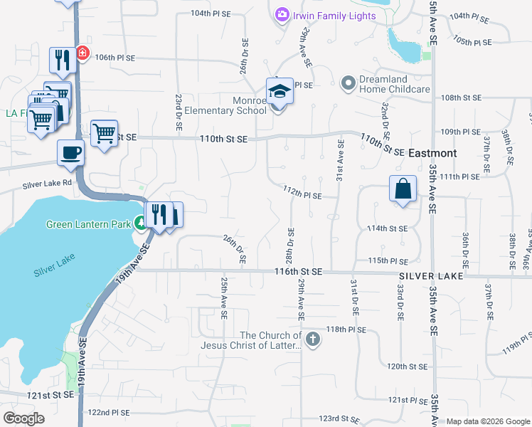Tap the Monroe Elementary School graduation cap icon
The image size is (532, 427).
pyautogui.click(x=280, y=93)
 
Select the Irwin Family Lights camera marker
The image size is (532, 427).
pyautogui.click(x=282, y=15)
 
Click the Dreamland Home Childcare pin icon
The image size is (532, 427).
pyautogui.click(x=348, y=84)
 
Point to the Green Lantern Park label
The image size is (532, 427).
pyautogui.click(x=89, y=224)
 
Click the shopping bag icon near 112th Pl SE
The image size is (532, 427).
pyautogui.click(x=403, y=189)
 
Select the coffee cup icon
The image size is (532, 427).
pyautogui.click(x=70, y=152)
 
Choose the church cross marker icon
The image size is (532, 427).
pyautogui.click(x=312, y=339)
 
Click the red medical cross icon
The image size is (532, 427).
pyautogui.click(x=83, y=53)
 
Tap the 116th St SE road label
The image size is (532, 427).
pyautogui.click(x=299, y=272)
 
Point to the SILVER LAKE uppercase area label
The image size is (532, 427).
pyautogui.click(x=431, y=275)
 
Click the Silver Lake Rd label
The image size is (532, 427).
pyautogui.click(x=47, y=184)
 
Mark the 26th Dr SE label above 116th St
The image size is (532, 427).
pyautogui.click(x=234, y=250)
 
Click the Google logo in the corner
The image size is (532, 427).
pyautogui.click(x=23, y=418)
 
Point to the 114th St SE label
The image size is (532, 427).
pyautogui.click(x=388, y=228)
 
